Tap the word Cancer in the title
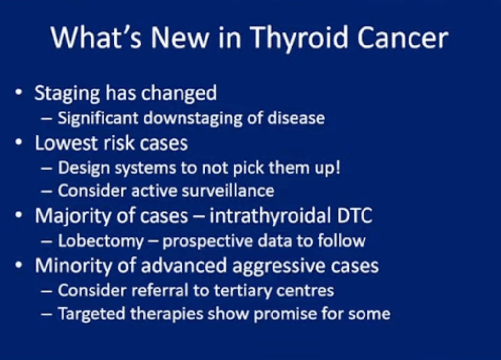[x=403, y=38]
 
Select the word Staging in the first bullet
[x=67, y=94]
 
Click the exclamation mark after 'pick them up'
[x=337, y=167]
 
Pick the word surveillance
[x=228, y=191]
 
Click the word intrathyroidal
[x=270, y=216]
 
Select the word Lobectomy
[x=101, y=241]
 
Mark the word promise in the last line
[x=285, y=315]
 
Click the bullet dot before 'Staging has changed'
[x=19, y=92]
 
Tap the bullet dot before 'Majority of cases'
[x=19, y=215]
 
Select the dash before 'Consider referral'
[x=46, y=291]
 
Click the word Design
[x=84, y=168]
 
